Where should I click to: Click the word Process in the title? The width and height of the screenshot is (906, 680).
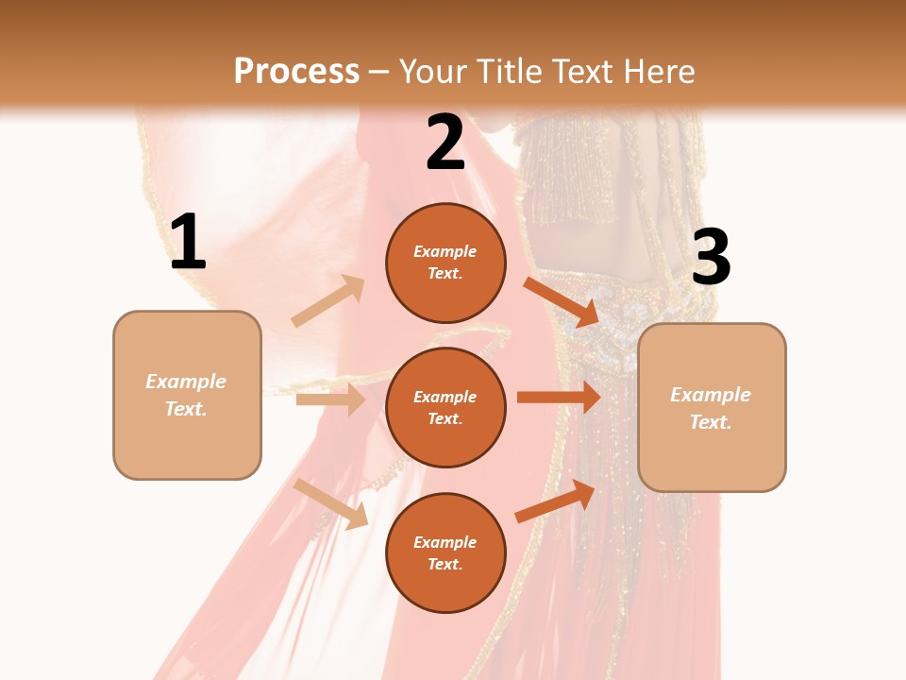296,71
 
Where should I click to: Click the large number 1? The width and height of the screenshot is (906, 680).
188,243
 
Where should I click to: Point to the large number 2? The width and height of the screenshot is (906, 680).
445,143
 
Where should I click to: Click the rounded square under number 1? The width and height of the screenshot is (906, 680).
187,395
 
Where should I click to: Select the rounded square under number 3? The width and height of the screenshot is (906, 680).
712,408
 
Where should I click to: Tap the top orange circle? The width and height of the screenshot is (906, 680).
445,263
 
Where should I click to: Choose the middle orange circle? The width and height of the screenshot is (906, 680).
445,407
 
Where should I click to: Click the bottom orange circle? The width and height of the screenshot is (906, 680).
445,552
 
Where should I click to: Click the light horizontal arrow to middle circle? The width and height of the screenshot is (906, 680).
330,399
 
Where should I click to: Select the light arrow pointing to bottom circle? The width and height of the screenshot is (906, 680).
331,503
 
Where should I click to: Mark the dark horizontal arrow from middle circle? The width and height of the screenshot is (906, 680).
559,397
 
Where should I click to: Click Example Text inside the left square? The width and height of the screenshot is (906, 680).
187,395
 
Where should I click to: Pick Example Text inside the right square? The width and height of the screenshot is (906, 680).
712,408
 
